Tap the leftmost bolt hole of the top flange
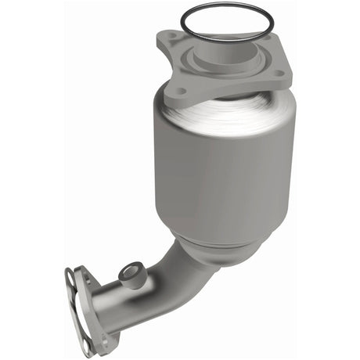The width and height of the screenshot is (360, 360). point(182,91)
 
